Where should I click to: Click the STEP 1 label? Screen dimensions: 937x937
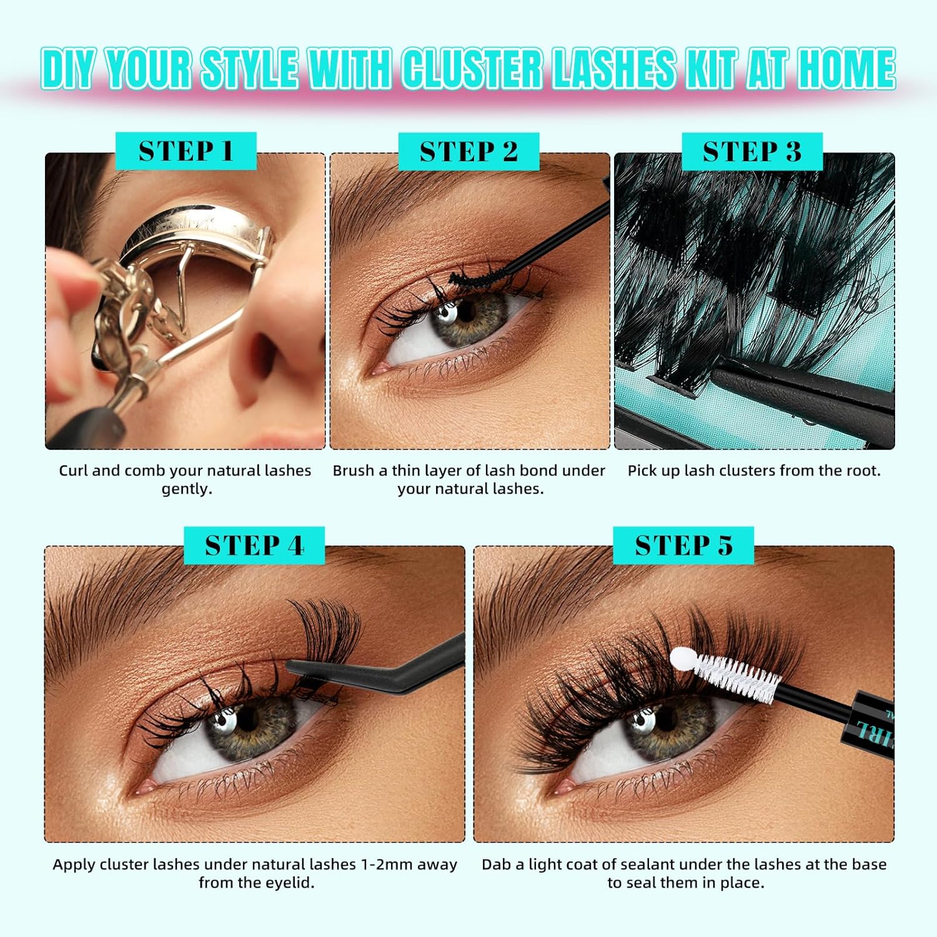(186, 151)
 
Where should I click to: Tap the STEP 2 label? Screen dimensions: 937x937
(468, 151)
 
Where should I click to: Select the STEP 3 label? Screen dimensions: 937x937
(751, 151)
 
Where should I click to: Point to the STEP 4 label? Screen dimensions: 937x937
(254, 545)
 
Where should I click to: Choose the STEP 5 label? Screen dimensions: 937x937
(683, 545)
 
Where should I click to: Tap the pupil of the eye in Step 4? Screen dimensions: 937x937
(249, 720)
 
